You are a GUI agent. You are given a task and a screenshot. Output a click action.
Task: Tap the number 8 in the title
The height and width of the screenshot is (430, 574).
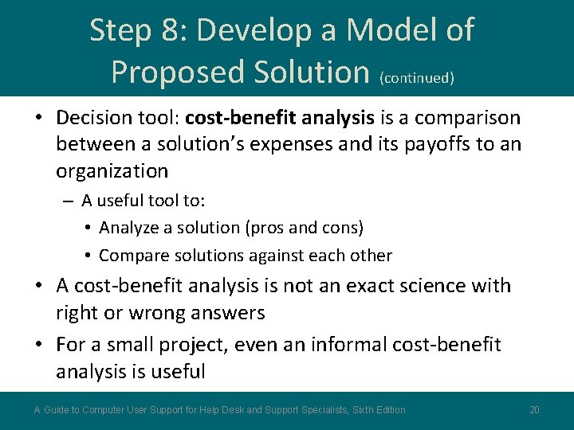click(169, 31)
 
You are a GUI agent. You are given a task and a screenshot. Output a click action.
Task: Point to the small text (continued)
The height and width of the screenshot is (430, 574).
click(417, 78)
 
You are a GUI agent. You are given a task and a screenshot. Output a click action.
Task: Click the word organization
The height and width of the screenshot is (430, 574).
click(112, 171)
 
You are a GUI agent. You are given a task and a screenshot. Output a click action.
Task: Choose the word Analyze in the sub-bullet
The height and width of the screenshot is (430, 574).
click(129, 229)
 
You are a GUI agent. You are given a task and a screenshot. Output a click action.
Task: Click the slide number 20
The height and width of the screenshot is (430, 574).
click(534, 410)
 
